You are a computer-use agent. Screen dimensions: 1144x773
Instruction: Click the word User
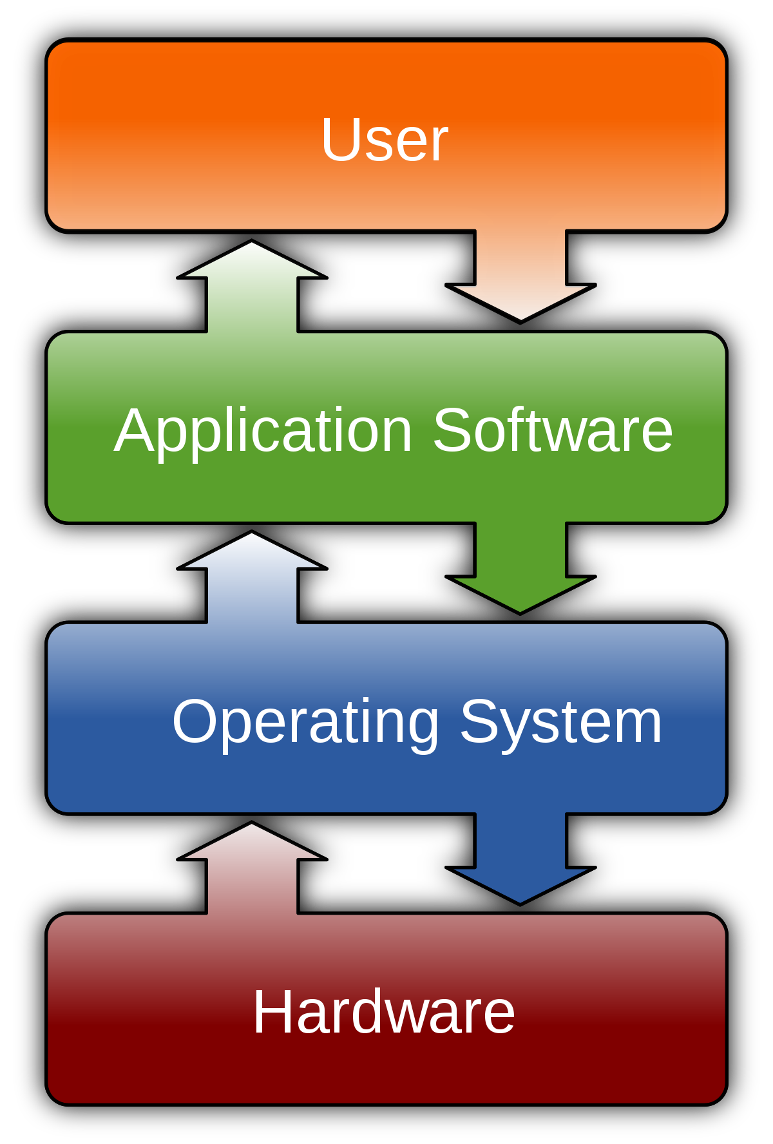coord(385,140)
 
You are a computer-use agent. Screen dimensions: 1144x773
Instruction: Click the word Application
coord(263,432)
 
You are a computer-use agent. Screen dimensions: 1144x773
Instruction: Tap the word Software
coord(553,430)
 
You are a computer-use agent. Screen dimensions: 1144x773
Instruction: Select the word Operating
coord(306,723)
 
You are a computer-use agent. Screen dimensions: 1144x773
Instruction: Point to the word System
coord(560,723)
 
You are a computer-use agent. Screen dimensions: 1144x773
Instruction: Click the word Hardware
coord(384,1013)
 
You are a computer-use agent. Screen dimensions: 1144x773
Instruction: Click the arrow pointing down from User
coord(520,277)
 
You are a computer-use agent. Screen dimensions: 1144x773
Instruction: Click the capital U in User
coord(339,140)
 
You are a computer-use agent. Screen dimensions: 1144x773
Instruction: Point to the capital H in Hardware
coord(273,1013)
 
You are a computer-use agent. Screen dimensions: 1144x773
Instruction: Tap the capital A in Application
coord(135,430)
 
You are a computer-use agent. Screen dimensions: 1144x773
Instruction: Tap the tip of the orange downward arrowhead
coord(520,318)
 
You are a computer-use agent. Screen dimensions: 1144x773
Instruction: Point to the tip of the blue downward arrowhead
coord(520,901)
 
